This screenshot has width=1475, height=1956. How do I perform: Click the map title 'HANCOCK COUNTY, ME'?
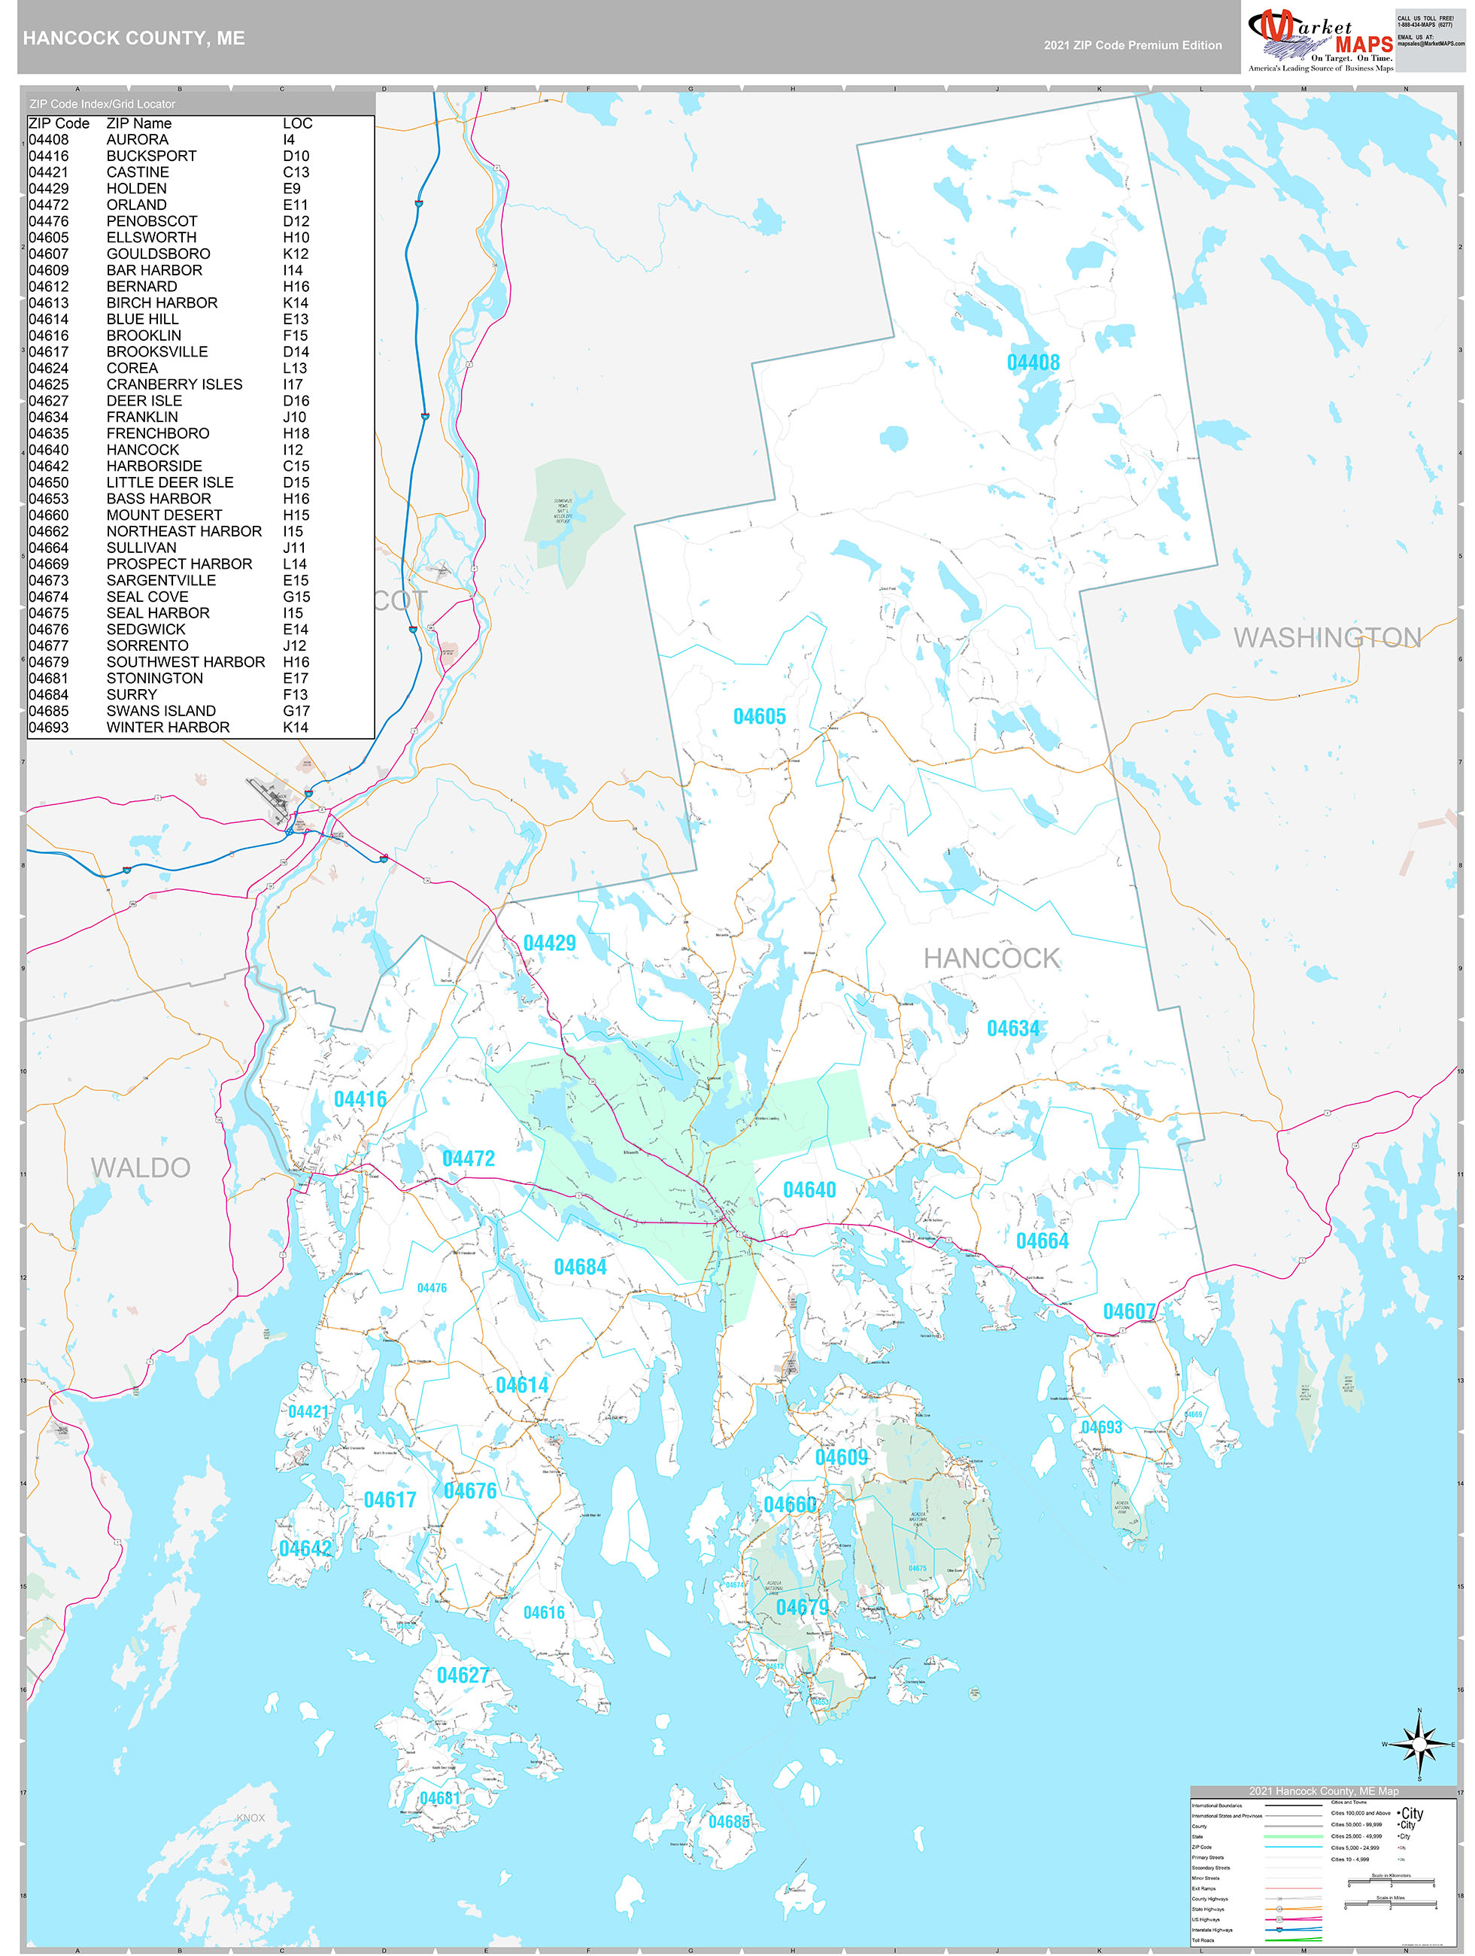pos(134,38)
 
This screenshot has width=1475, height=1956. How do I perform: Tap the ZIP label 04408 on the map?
pos(1032,363)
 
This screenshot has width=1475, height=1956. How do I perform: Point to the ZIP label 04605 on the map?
pos(759,716)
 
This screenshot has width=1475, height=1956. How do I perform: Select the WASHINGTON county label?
pos(1326,637)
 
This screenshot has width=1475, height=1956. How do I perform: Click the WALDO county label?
pos(141,1168)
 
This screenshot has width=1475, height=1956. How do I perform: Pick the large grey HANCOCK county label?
pos(991,958)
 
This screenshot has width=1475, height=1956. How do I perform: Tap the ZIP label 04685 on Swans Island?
pos(729,1821)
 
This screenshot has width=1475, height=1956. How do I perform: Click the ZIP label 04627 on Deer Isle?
pos(463,1675)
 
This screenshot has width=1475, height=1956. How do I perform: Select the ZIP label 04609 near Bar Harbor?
pos(841,1457)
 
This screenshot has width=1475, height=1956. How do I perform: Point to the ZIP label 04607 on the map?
pos(1128,1311)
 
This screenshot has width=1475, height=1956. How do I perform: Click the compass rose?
pos(1419,1745)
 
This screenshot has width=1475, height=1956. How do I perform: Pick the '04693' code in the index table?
pos(49,727)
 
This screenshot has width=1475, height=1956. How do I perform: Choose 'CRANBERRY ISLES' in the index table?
pos(175,384)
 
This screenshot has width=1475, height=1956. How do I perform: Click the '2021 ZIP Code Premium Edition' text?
pos(1132,45)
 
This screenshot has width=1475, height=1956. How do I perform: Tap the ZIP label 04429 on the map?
pos(549,943)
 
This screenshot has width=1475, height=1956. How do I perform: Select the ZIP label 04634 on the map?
pos(1012,1028)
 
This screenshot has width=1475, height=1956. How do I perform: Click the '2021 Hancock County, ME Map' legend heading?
pos(1323,1790)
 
